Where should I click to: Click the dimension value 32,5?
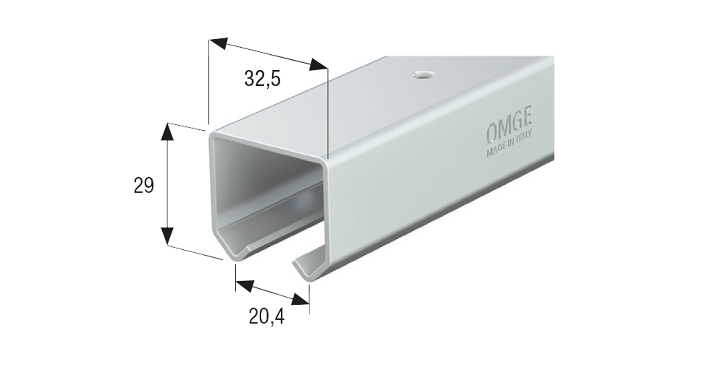[262, 78]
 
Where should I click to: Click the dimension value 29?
[144, 185]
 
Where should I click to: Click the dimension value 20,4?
[267, 316]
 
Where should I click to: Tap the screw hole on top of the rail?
[423, 75]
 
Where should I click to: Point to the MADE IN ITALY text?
[510, 147]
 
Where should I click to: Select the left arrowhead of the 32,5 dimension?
[217, 43]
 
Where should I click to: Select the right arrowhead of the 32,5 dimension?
[318, 65]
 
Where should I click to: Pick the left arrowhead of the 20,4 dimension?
[243, 286]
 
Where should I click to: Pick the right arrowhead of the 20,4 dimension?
[301, 299]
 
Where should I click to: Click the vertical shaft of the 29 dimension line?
[167, 185]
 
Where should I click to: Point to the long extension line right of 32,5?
[327, 115]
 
